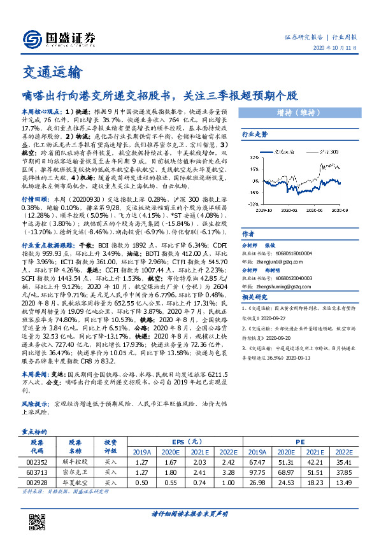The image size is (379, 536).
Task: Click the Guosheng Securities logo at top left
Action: (x=54, y=39)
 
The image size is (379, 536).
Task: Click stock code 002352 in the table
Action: (x=37, y=462)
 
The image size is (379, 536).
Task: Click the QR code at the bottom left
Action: (x=39, y=513)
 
